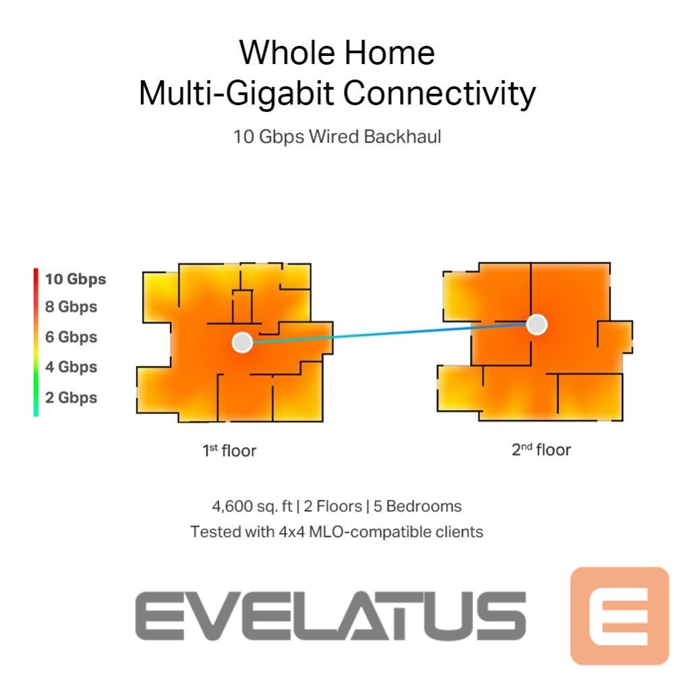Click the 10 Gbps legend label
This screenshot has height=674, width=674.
click(75, 279)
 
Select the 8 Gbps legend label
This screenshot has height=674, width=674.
click(71, 307)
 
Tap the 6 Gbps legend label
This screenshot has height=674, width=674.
click(71, 337)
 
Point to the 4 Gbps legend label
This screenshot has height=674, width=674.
click(71, 367)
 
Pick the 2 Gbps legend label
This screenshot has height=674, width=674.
click(71, 397)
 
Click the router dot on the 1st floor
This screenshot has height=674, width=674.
click(242, 342)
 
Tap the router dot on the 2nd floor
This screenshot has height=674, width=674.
click(536, 325)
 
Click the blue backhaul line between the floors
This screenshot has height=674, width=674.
click(389, 333)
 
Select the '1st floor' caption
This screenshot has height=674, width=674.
click(229, 450)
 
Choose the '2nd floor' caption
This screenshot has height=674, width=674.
click(540, 449)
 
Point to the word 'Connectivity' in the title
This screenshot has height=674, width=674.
click(439, 93)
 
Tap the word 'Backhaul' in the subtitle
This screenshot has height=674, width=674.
click(402, 136)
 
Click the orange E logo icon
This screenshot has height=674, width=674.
click(619, 615)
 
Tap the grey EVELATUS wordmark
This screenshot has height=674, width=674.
click(331, 615)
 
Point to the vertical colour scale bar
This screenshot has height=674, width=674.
click(36, 342)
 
